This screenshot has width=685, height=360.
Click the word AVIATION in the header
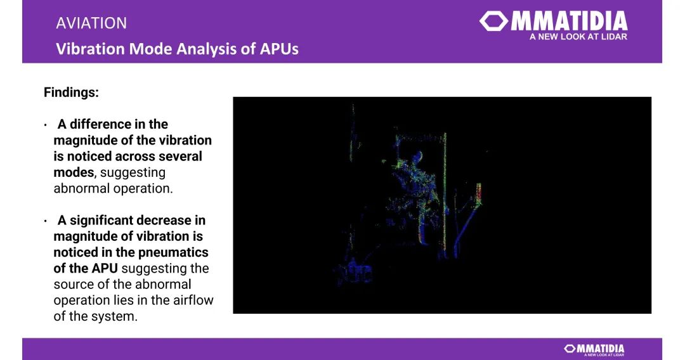click(91, 23)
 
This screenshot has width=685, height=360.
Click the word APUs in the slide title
click(280, 48)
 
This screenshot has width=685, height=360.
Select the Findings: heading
click(71, 93)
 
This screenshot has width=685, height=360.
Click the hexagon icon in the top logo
click(493, 21)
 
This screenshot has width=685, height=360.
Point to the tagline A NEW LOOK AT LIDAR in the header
click(578, 37)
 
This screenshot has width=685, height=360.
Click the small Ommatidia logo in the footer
click(594, 349)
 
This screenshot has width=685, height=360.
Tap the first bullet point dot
click(46, 125)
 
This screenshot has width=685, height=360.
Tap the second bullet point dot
click(46, 221)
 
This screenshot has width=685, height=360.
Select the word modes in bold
click(74, 172)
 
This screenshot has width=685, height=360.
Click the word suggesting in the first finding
click(133, 173)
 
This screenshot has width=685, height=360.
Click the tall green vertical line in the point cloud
click(445, 192)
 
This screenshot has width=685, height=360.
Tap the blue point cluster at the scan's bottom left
click(353, 271)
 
